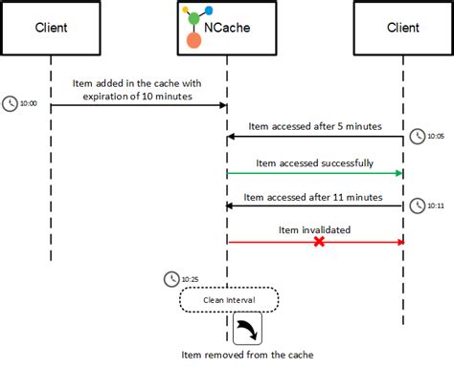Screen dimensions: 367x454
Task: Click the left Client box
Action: pos(51,29)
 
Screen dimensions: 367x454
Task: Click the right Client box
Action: pos(402,29)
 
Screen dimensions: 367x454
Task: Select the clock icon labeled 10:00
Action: pos(11,102)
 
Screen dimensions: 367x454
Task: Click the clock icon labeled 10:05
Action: pos(417,137)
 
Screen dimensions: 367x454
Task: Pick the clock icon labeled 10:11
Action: pos(417,205)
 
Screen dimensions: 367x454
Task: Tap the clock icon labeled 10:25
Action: pos(171,279)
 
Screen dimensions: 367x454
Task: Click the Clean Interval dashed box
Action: pos(228,300)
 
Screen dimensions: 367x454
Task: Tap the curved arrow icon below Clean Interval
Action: pos(247,331)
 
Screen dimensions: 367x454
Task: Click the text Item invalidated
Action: pos(314,229)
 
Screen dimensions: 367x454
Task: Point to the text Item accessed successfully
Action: pos(314,162)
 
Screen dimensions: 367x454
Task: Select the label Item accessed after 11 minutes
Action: pos(313,196)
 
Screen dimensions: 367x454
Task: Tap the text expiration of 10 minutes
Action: pos(138,96)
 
